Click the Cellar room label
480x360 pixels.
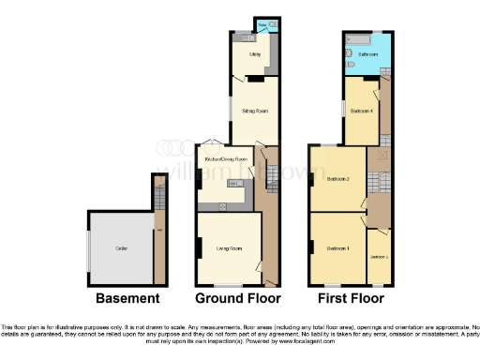121,247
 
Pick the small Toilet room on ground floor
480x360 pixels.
262,25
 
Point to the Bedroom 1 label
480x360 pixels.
337,248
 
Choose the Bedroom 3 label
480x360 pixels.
379,256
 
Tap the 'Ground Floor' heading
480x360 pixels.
237,299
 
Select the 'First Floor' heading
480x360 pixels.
348,299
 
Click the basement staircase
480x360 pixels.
157,197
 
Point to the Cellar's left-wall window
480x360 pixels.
89,248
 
